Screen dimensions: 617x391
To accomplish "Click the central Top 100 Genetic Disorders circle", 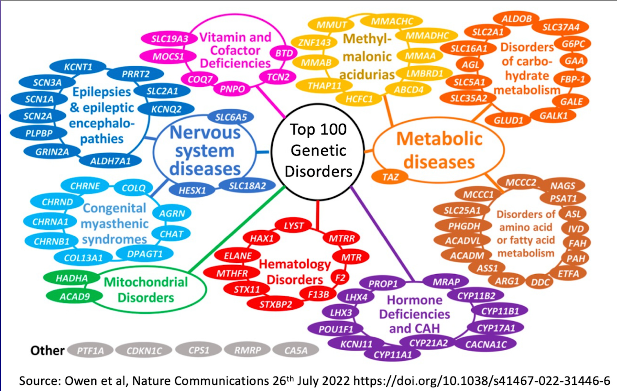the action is click(318, 151).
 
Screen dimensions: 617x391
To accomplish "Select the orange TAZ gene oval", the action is click(390, 177).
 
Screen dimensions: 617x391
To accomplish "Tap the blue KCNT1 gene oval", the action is click(78, 67).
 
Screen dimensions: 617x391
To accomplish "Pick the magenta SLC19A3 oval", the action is click(169, 39).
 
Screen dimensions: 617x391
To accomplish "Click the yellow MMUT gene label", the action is click(331, 25).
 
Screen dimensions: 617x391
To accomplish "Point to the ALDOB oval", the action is click(516, 19).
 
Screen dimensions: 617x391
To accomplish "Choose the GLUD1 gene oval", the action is click(508, 120).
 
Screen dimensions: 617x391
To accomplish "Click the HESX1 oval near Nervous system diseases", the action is click(192, 190).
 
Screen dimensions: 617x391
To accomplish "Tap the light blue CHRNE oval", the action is click(85, 186).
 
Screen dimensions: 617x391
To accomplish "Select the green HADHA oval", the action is click(72, 278).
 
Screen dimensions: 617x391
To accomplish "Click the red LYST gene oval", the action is click(293, 226).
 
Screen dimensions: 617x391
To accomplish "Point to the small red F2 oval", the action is click(340, 277).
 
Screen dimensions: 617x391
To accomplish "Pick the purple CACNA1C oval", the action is click(486, 344).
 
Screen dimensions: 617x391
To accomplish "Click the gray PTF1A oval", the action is click(90, 351).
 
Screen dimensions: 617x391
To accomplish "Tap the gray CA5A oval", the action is click(296, 351).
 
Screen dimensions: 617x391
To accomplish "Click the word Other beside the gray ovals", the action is click(47, 351).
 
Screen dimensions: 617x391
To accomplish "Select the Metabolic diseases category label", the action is click(439, 150).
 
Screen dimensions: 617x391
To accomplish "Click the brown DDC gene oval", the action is click(540, 282).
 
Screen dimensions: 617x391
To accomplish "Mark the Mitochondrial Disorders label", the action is click(146, 290).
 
